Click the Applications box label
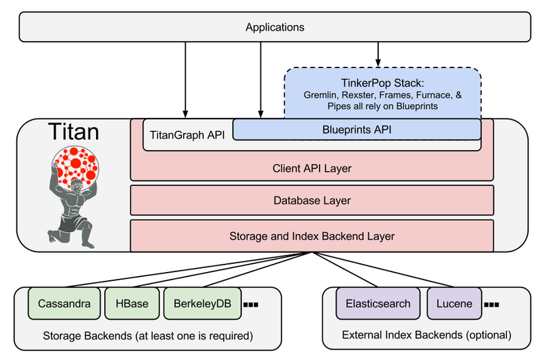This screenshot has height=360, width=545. click(x=275, y=27)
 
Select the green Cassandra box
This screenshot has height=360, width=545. click(x=64, y=303)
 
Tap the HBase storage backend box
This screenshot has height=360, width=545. click(x=132, y=303)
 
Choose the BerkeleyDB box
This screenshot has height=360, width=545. click(x=202, y=303)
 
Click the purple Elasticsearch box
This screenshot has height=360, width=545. click(x=378, y=303)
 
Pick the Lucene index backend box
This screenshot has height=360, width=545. click(x=454, y=303)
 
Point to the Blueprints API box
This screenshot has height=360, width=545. click(x=357, y=130)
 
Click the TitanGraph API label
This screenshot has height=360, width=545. click(x=187, y=135)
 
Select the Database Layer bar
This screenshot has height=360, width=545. click(x=312, y=200)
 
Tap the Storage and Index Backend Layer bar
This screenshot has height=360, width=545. click(x=312, y=236)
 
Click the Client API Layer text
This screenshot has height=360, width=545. click(x=312, y=168)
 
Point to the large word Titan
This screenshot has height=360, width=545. click(x=74, y=132)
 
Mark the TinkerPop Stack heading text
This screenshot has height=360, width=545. click(x=383, y=83)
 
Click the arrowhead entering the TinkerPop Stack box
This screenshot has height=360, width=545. click(x=378, y=63)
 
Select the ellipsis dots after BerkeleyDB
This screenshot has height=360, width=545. click(x=251, y=305)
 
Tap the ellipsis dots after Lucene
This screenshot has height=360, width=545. click(x=491, y=305)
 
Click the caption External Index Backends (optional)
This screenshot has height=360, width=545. click(x=427, y=335)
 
